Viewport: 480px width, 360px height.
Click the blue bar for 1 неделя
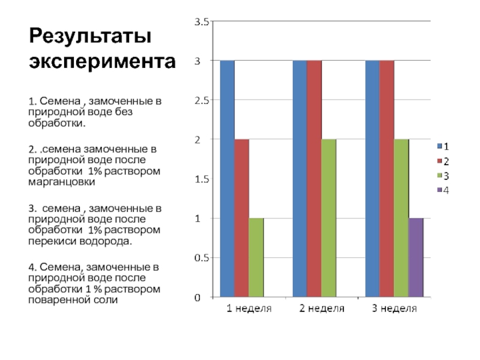click(x=227, y=179)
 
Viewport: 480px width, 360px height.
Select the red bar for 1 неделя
click(x=241, y=218)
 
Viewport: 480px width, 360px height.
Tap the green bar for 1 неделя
click(x=256, y=257)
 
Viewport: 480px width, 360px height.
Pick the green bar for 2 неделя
click(x=329, y=218)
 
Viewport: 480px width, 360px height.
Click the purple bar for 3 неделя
click(x=416, y=257)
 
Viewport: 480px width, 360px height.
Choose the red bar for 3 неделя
click(x=387, y=179)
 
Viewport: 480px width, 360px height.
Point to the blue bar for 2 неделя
click(x=299, y=179)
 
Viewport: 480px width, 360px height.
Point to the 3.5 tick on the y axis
click(x=200, y=22)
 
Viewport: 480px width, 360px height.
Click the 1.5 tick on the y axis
click(x=200, y=179)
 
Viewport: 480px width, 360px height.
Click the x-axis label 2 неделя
click(x=322, y=309)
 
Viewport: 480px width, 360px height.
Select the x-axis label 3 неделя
click(x=394, y=309)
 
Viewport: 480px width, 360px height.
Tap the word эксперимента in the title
click(x=103, y=62)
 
